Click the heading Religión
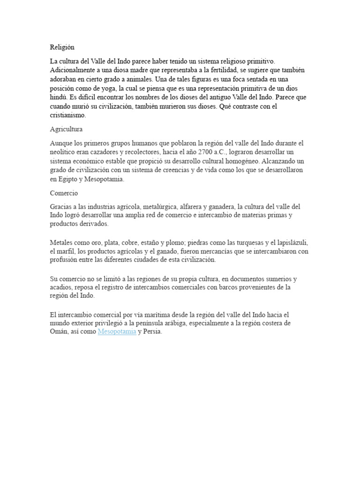[x=62, y=47]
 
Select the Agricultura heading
[x=66, y=129]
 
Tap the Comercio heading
[x=64, y=193]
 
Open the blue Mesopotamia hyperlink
[x=117, y=331]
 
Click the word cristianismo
[x=67, y=115]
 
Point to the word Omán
[x=59, y=331]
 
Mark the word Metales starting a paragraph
[x=62, y=242]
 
